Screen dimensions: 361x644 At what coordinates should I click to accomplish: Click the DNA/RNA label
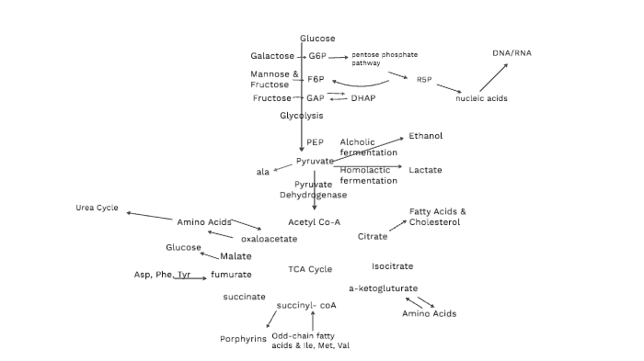[x=512, y=53]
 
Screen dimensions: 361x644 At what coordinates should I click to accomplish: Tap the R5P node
[x=424, y=80]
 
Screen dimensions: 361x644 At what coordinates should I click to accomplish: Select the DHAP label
[x=363, y=97]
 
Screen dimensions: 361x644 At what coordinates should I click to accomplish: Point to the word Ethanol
[x=426, y=136]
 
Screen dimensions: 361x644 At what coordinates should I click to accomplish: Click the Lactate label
[x=425, y=170]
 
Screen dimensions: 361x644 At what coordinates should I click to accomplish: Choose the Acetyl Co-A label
[x=314, y=222]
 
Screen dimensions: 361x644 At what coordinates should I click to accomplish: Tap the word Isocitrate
[x=392, y=266]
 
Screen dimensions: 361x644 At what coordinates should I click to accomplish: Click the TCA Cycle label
[x=310, y=269]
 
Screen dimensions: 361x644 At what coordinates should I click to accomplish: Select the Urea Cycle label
[x=97, y=208]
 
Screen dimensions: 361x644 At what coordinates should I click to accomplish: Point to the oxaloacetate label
[x=269, y=239]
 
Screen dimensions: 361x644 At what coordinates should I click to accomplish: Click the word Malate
[x=236, y=256]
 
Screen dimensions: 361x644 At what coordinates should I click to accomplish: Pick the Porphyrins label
[x=243, y=339]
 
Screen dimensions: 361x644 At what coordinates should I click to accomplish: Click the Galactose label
[x=272, y=56]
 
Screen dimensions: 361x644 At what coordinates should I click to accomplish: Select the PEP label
[x=315, y=142]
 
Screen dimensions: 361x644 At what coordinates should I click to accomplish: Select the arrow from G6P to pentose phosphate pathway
[x=338, y=57]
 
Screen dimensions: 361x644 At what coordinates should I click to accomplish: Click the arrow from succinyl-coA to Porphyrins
[x=271, y=319]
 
